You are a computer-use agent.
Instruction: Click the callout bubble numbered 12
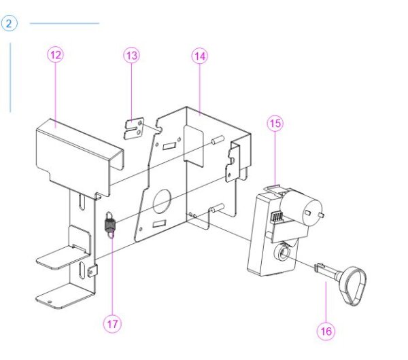point(56,55)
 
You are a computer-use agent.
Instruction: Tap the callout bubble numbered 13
point(131,55)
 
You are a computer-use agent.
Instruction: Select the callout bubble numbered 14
point(200,56)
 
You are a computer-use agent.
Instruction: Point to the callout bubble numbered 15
point(275,123)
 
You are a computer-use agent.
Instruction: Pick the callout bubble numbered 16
point(326,331)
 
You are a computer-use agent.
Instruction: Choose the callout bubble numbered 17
point(112,324)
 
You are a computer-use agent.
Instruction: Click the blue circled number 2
point(9,24)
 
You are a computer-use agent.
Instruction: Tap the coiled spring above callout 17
point(109,224)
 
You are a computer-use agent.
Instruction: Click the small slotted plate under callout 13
point(134,129)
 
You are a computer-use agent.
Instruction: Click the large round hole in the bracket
point(162,202)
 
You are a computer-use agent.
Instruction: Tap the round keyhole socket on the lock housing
point(282,251)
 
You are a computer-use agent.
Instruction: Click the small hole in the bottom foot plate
point(50,302)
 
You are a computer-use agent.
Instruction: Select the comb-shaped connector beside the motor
point(277,216)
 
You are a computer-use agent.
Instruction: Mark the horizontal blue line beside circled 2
point(65,23)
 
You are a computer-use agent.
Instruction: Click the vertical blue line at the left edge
point(10,77)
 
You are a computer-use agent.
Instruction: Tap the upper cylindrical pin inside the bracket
point(218,139)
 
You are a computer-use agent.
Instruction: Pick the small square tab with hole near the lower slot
point(92,271)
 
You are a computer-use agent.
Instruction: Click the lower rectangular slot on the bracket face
point(159,223)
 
